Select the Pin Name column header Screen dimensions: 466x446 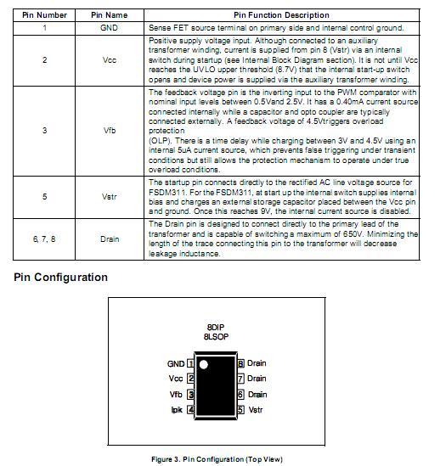tap(109, 15)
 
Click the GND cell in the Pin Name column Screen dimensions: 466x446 tap(109, 28)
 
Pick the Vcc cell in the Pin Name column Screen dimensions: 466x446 tap(109, 60)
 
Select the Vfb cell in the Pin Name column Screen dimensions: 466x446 tap(109, 132)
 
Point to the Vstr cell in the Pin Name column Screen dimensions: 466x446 tap(109, 197)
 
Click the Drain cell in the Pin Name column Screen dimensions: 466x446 tap(109, 239)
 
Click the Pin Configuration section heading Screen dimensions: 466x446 tap(61, 278)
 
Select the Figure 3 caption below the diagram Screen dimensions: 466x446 tap(217, 459)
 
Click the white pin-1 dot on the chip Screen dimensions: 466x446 tap(203, 364)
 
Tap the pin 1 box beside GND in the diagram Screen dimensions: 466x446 tap(190, 363)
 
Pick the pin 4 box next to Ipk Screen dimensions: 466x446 tap(190, 410)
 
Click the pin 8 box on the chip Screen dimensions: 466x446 tap(240, 363)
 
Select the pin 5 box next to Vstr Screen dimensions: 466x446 tap(240, 410)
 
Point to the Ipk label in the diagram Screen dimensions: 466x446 tap(177, 410)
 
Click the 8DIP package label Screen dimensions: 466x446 tap(215, 327)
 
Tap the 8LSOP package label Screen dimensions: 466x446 tap(215, 337)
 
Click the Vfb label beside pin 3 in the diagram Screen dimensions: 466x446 tap(176, 395)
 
